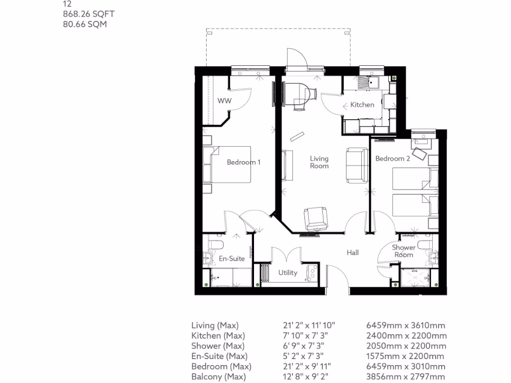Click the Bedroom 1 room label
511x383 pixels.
point(244,162)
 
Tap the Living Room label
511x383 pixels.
point(319,162)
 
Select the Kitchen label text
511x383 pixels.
point(362,105)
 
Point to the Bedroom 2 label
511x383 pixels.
point(393,159)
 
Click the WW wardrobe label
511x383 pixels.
point(225,101)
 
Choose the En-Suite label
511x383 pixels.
point(232,258)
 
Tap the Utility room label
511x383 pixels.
point(288,272)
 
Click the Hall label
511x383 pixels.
point(353,253)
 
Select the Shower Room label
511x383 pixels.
point(403,251)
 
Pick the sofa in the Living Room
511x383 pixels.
point(356,164)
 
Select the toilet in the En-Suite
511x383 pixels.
point(216,244)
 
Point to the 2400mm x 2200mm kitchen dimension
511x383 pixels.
point(406,336)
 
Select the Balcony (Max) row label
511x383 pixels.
point(219,377)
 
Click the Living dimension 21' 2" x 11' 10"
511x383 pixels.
point(309,325)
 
